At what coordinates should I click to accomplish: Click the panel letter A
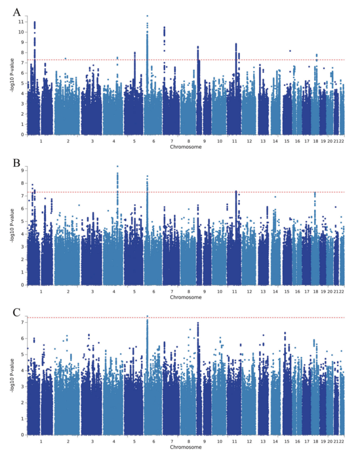[17, 11]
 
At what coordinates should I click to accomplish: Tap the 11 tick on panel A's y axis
[20, 22]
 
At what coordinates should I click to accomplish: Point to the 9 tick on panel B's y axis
[21, 170]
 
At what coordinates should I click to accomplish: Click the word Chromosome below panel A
[185, 147]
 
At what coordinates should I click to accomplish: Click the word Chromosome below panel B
[185, 297]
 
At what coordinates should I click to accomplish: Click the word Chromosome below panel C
[185, 447]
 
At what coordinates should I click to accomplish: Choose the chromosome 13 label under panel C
[263, 441]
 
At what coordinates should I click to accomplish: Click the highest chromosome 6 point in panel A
[147, 16]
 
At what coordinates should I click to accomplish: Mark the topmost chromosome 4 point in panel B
[117, 166]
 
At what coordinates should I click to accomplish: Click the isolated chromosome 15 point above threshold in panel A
[290, 51]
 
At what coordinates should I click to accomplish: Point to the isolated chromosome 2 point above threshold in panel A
[65, 59]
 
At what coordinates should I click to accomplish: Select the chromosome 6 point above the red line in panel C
[147, 316]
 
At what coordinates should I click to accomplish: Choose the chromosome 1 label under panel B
[40, 291]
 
